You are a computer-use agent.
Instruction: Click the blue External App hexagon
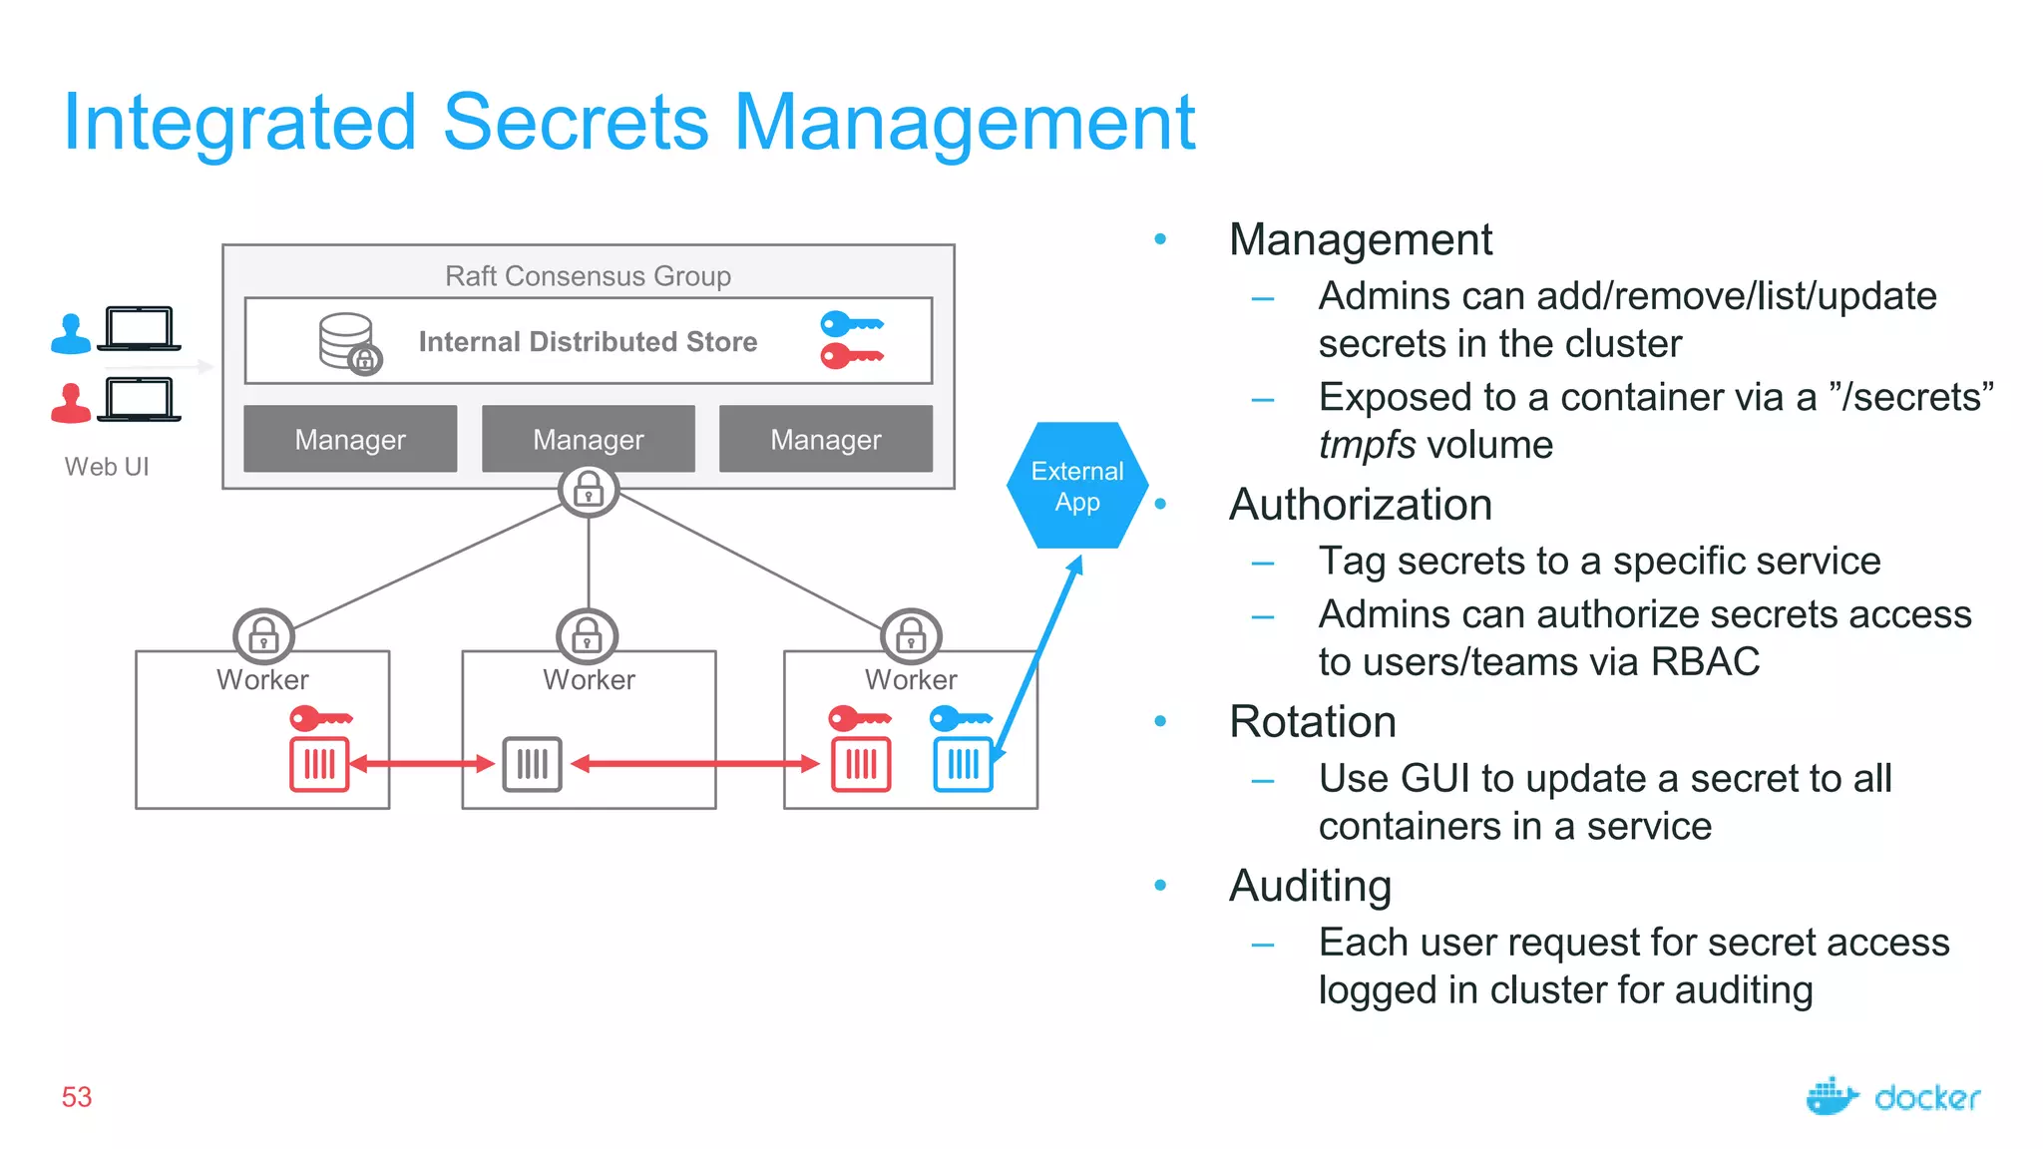(x=1077, y=486)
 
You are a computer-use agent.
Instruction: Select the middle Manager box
(x=588, y=439)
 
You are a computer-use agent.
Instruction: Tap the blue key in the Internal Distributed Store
(x=851, y=324)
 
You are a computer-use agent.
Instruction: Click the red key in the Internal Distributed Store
(x=851, y=355)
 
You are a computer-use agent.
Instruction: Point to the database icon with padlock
(x=349, y=343)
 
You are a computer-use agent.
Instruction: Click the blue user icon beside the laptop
(x=71, y=334)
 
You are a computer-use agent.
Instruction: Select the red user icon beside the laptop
(x=71, y=404)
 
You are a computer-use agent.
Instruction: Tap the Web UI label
(x=107, y=467)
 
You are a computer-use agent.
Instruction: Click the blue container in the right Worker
(x=963, y=764)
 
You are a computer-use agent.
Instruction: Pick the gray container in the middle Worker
(x=532, y=764)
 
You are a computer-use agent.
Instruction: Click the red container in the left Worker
(x=319, y=764)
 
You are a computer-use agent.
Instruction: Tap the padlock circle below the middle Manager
(x=589, y=490)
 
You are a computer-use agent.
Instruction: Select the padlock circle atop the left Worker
(x=263, y=635)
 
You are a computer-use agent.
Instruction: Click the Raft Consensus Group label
(x=588, y=275)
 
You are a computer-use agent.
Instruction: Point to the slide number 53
(x=77, y=1097)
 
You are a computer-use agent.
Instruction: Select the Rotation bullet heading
(x=1312, y=721)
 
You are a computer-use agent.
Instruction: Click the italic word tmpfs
(x=1366, y=445)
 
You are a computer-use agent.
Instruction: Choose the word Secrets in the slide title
(x=576, y=123)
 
